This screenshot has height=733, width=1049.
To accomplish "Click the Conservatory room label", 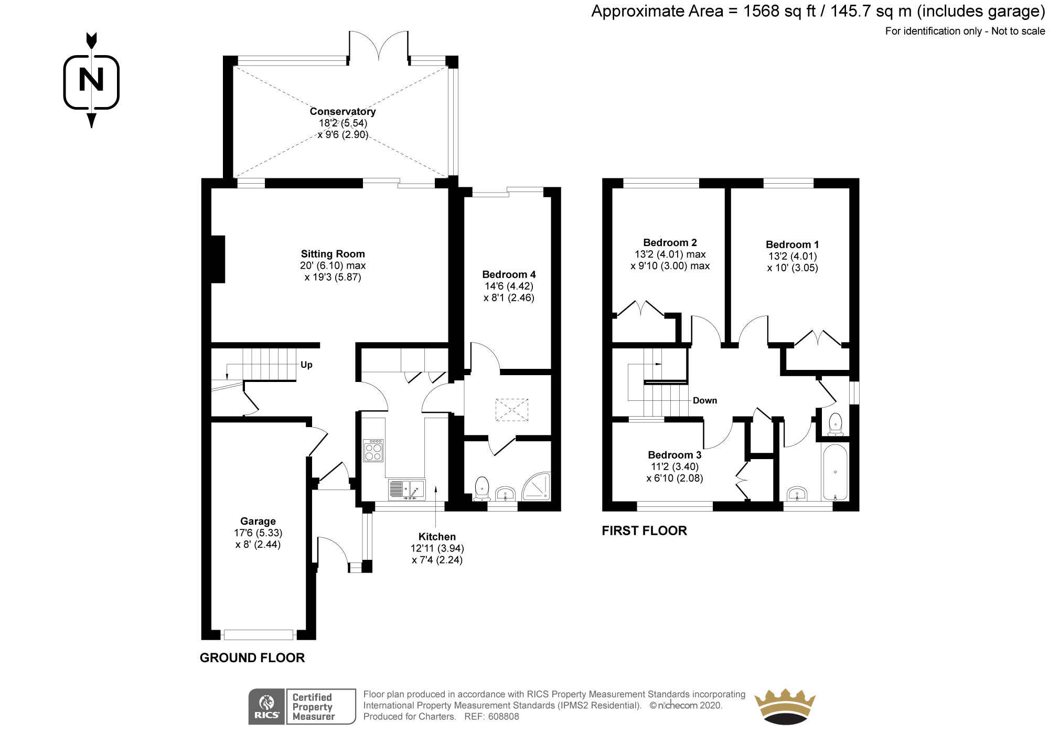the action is coord(342,111).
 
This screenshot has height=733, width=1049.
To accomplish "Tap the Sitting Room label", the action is coord(333,254).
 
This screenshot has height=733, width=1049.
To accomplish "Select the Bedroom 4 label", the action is coord(509,274).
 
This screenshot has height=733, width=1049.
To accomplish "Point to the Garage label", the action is coord(258,521).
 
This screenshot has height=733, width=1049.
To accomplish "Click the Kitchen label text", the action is coord(437,537).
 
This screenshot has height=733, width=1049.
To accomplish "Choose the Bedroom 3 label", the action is coord(675,455).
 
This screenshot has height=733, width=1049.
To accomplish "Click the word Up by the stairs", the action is coord(306,365).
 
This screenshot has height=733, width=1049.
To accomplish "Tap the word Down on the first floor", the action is coord(704,400).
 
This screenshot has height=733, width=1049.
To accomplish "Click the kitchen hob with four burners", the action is coord(373,450).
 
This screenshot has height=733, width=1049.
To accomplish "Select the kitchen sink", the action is coord(407,490).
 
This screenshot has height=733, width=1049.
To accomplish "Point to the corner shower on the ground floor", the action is coord(537,486).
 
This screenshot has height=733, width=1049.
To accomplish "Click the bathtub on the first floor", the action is coord(835,472).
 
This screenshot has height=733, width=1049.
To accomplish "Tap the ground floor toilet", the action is coord(481,488).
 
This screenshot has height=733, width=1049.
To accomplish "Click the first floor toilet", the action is coord(835,424).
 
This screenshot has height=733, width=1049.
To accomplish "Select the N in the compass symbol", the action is coord(91,80).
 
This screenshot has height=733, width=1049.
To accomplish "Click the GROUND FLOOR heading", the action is coord(252,658).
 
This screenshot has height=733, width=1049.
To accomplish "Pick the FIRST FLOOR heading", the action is coord(644,530).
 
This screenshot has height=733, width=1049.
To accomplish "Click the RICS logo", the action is coord(266,707).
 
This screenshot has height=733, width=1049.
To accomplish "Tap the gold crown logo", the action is coord(785,707).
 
